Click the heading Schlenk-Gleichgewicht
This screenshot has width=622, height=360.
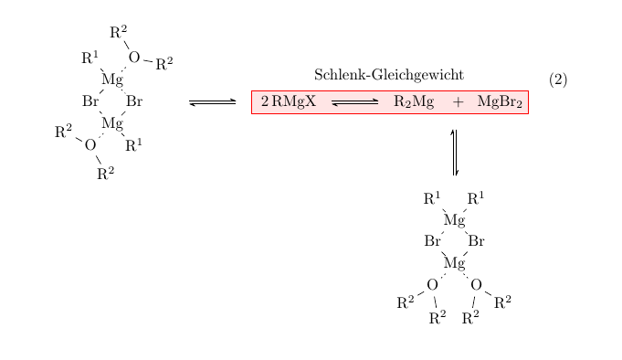pyautogui.click(x=388, y=75)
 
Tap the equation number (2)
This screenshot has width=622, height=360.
pyautogui.click(x=558, y=79)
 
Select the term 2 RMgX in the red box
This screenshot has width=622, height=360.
pyautogui.click(x=288, y=101)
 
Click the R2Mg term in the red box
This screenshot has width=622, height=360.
pyautogui.click(x=414, y=101)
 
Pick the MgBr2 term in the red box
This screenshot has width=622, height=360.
pyautogui.click(x=500, y=101)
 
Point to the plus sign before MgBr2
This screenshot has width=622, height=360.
pyautogui.click(x=458, y=101)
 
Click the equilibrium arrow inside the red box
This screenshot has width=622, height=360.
pyautogui.click(x=355, y=101)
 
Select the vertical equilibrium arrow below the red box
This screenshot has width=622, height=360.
pyautogui.click(x=454, y=153)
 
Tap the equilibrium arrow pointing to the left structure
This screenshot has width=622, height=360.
pyautogui.click(x=213, y=101)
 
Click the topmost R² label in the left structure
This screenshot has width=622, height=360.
pyautogui.click(x=118, y=32)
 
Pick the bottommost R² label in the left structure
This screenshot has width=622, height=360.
pyautogui.click(x=106, y=173)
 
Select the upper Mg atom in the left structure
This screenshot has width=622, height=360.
pyautogui.click(x=112, y=80)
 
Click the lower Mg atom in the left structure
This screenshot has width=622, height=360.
pyautogui.click(x=112, y=123)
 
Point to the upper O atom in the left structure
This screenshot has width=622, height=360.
pyautogui.click(x=134, y=58)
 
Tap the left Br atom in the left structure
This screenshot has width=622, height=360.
pyautogui.click(x=90, y=101)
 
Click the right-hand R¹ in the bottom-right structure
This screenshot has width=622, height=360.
pyautogui.click(x=476, y=198)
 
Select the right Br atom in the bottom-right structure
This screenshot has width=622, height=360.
pyautogui.click(x=476, y=242)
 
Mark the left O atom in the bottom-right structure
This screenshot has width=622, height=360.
pyautogui.click(x=432, y=284)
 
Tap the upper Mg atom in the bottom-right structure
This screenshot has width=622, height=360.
pyautogui.click(x=454, y=220)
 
